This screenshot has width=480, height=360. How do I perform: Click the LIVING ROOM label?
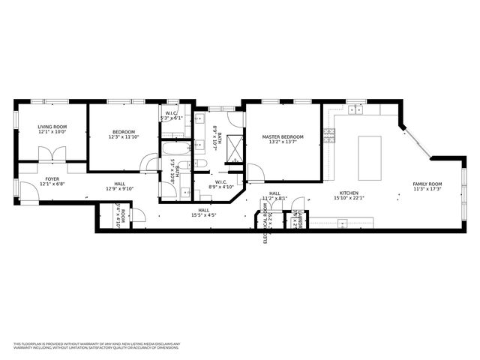[x=52, y=130]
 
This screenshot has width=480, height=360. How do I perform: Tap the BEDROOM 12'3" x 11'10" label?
[x=123, y=133]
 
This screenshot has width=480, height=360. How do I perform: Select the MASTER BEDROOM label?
[x=283, y=139]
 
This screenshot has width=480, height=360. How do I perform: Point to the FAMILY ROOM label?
[x=427, y=187]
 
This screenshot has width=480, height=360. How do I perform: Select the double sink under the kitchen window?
[x=355, y=110]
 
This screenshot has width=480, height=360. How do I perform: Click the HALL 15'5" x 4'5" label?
[x=203, y=213]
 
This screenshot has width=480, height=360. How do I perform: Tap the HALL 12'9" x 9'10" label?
[x=120, y=186]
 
